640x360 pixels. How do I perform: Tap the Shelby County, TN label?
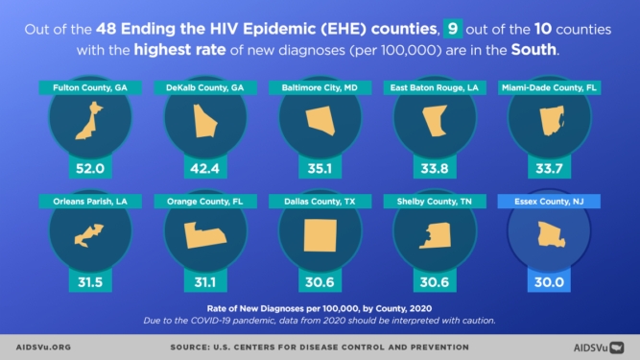(435, 202)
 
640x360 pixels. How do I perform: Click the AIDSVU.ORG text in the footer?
(44, 347)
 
